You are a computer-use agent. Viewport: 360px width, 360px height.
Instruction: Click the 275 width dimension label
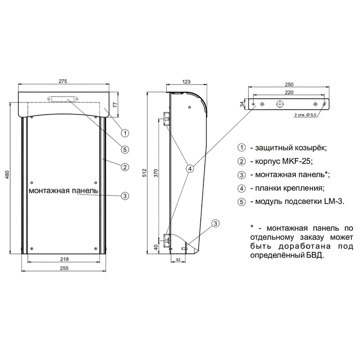tap(63, 81)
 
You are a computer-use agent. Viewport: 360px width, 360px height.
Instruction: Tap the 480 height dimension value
tap(7, 175)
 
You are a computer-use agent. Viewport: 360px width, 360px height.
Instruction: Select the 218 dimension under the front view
tap(64, 259)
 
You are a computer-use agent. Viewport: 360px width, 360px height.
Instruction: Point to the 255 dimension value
tap(64, 268)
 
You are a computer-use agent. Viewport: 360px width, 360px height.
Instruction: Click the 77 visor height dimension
tap(115, 105)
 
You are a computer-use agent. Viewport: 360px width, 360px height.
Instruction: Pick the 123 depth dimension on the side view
tap(186, 81)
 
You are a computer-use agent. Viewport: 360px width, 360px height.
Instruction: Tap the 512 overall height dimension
tap(144, 173)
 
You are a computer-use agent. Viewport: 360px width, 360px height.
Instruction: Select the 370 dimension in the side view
tap(156, 173)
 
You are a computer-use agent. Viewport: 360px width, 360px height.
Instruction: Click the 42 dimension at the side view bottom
tap(178, 260)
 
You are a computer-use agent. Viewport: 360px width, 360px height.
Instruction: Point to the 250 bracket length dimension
tap(289, 85)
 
